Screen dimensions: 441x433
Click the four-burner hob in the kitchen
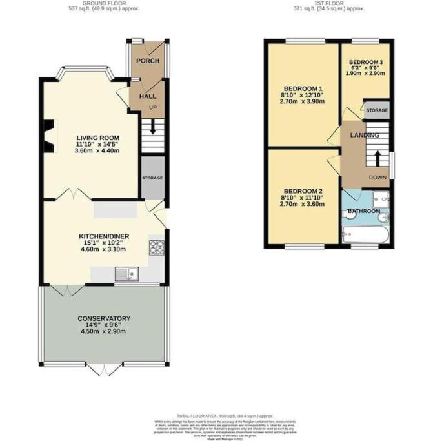pyautogui.click(x=157, y=247)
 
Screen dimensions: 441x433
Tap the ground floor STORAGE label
pyautogui.click(x=152, y=178)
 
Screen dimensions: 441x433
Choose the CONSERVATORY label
pyautogui.click(x=104, y=318)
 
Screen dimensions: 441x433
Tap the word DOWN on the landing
pyautogui.click(x=378, y=177)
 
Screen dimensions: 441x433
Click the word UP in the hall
pyautogui.click(x=152, y=107)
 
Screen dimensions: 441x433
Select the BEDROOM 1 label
pyautogui.click(x=303, y=88)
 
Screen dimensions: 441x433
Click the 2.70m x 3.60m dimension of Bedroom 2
pyautogui.click(x=303, y=204)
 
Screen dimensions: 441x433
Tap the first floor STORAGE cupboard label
pyautogui.click(x=377, y=110)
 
